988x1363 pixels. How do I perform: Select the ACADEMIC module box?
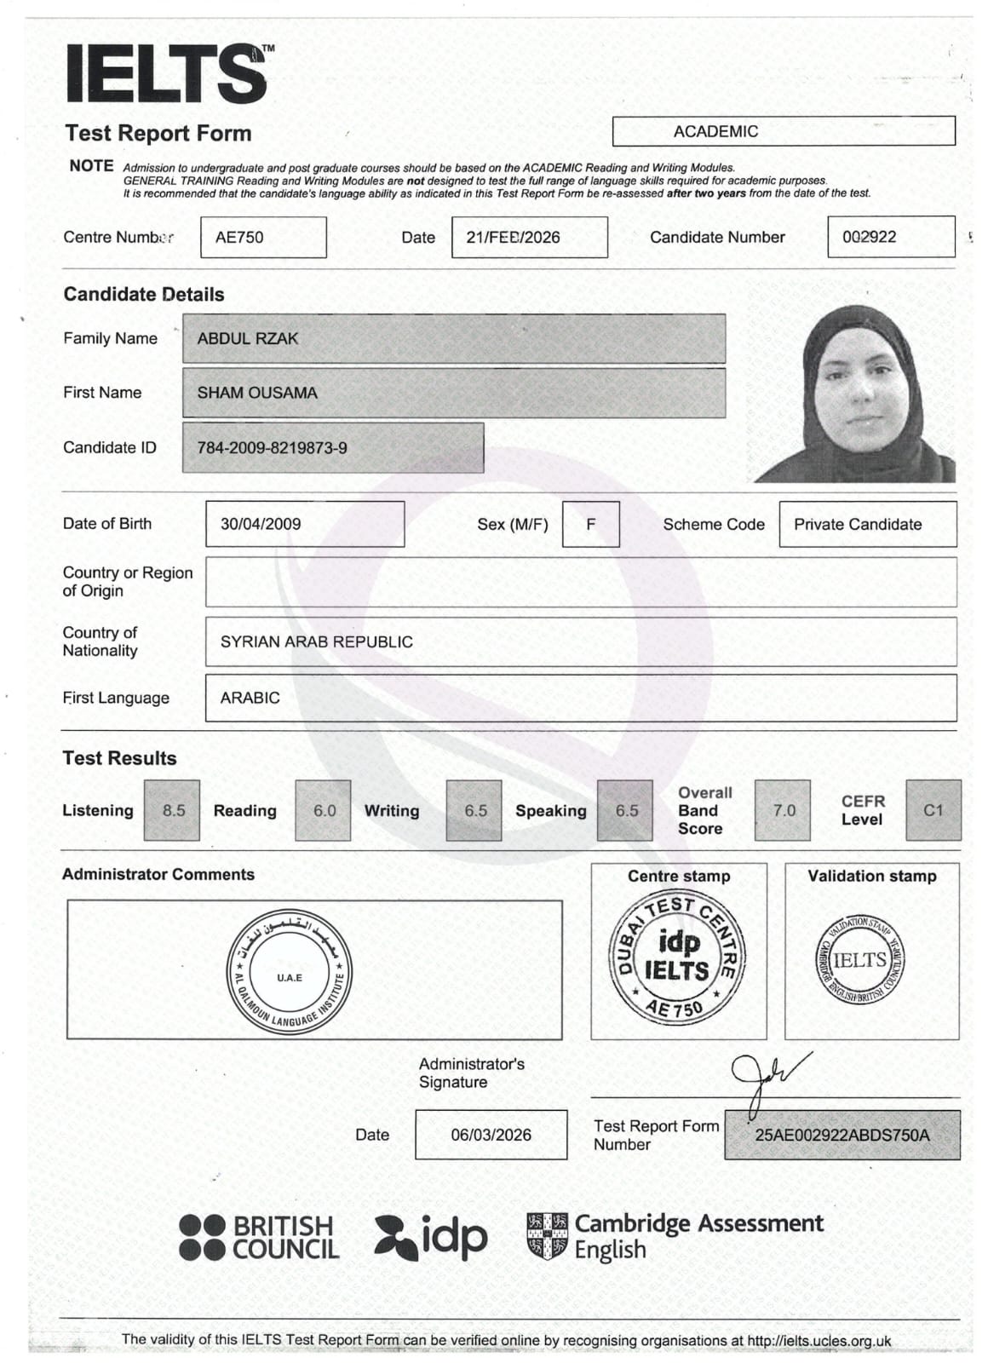point(783,131)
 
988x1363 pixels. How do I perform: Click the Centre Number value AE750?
point(263,237)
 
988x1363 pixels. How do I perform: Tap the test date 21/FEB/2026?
point(529,237)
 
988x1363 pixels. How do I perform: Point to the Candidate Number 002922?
point(890,237)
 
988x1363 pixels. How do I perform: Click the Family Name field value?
point(453,338)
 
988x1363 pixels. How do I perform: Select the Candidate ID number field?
point(332,447)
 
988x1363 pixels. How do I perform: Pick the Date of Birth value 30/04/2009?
point(304,524)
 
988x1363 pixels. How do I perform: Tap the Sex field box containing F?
point(590,524)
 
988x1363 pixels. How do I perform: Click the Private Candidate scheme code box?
point(867,524)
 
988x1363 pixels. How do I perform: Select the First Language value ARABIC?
point(580,698)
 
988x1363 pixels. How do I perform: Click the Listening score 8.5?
point(172,810)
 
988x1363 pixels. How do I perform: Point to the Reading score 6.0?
point(323,810)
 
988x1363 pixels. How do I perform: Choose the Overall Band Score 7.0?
point(782,810)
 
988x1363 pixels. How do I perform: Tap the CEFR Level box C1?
point(933,810)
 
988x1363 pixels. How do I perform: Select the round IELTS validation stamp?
point(860,960)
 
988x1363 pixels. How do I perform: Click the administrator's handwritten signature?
point(765,1078)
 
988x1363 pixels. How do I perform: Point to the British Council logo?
point(259,1237)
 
